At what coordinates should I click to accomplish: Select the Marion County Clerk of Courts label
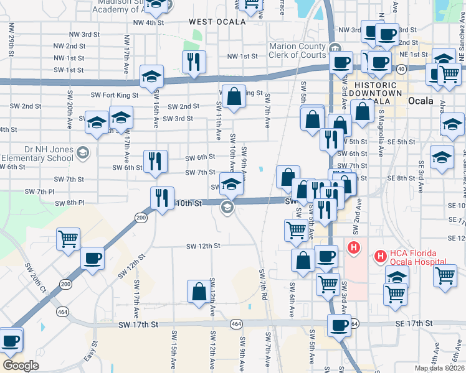(297, 50)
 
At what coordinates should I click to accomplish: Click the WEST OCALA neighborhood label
(214, 22)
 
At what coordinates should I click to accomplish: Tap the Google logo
(21, 366)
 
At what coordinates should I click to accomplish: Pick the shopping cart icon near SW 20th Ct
(69, 239)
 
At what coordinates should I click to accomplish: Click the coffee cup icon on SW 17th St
(340, 325)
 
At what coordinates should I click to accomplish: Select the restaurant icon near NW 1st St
(193, 62)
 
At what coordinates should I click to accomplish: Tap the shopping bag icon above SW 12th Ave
(199, 292)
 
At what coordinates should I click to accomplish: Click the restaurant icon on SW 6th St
(155, 161)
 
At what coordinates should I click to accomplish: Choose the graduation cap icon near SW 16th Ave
(151, 76)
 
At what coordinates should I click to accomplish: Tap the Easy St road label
(91, 352)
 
